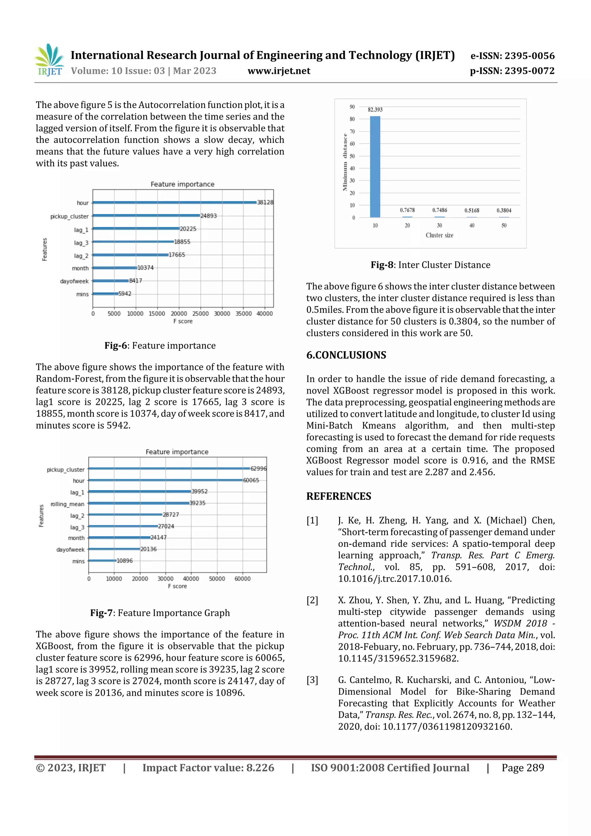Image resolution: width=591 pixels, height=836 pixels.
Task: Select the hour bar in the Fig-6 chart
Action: tap(175, 203)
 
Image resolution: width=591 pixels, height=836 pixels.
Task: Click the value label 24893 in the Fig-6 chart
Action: tap(209, 216)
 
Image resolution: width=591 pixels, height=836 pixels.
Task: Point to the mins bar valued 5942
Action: tap(106, 293)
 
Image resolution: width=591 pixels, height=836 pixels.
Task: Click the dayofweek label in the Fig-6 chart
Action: tap(74, 281)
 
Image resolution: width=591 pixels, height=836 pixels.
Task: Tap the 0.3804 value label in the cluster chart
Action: tap(504, 210)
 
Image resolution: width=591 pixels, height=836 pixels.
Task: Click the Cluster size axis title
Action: tap(439, 235)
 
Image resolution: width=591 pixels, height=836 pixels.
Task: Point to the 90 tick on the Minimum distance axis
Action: tap(352, 107)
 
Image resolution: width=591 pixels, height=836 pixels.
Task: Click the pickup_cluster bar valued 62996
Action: tap(169, 468)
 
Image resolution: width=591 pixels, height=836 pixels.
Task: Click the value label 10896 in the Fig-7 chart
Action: tap(125, 561)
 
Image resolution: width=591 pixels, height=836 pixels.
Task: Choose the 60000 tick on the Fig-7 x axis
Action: tap(242, 579)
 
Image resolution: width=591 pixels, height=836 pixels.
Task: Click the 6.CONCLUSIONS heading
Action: tap(346, 355)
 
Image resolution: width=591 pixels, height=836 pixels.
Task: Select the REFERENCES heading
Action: tap(339, 496)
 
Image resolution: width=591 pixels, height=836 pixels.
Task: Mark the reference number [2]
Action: tap(312, 600)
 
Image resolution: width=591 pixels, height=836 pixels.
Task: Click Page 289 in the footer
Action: tap(523, 768)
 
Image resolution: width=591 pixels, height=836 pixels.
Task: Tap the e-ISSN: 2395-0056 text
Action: tap(512, 56)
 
